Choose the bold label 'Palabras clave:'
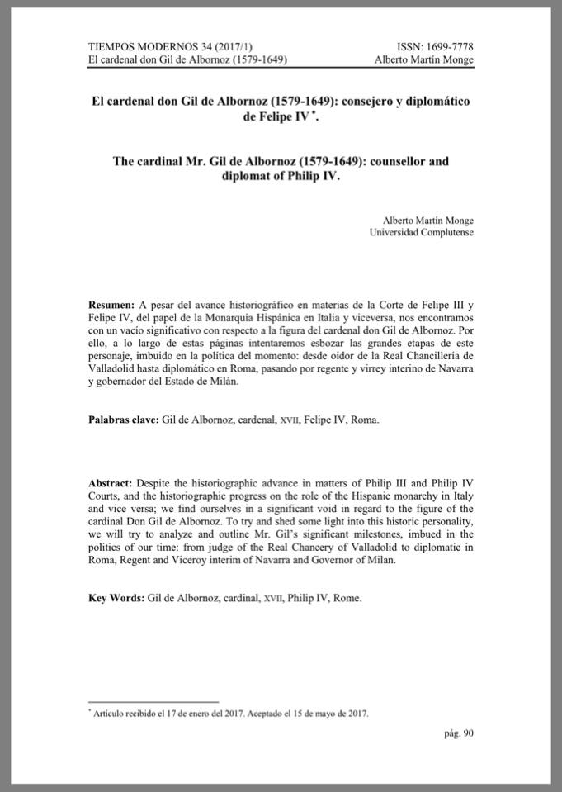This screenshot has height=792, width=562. [x=123, y=420]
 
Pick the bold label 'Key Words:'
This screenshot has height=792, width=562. [x=116, y=596]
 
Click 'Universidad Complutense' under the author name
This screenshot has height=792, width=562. [x=422, y=234]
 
